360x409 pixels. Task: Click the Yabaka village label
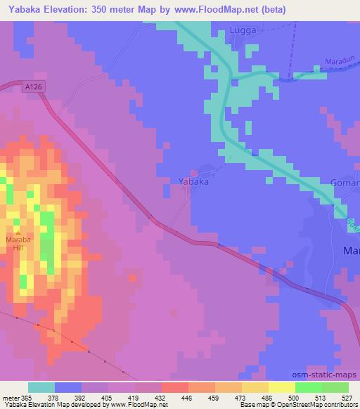pyautogui.click(x=193, y=181)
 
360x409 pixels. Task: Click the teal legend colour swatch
pyautogui.click(x=41, y=387)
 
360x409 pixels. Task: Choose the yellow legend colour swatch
pyautogui.click(x=282, y=387)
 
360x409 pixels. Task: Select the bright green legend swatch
pyautogui.click(x=309, y=387)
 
